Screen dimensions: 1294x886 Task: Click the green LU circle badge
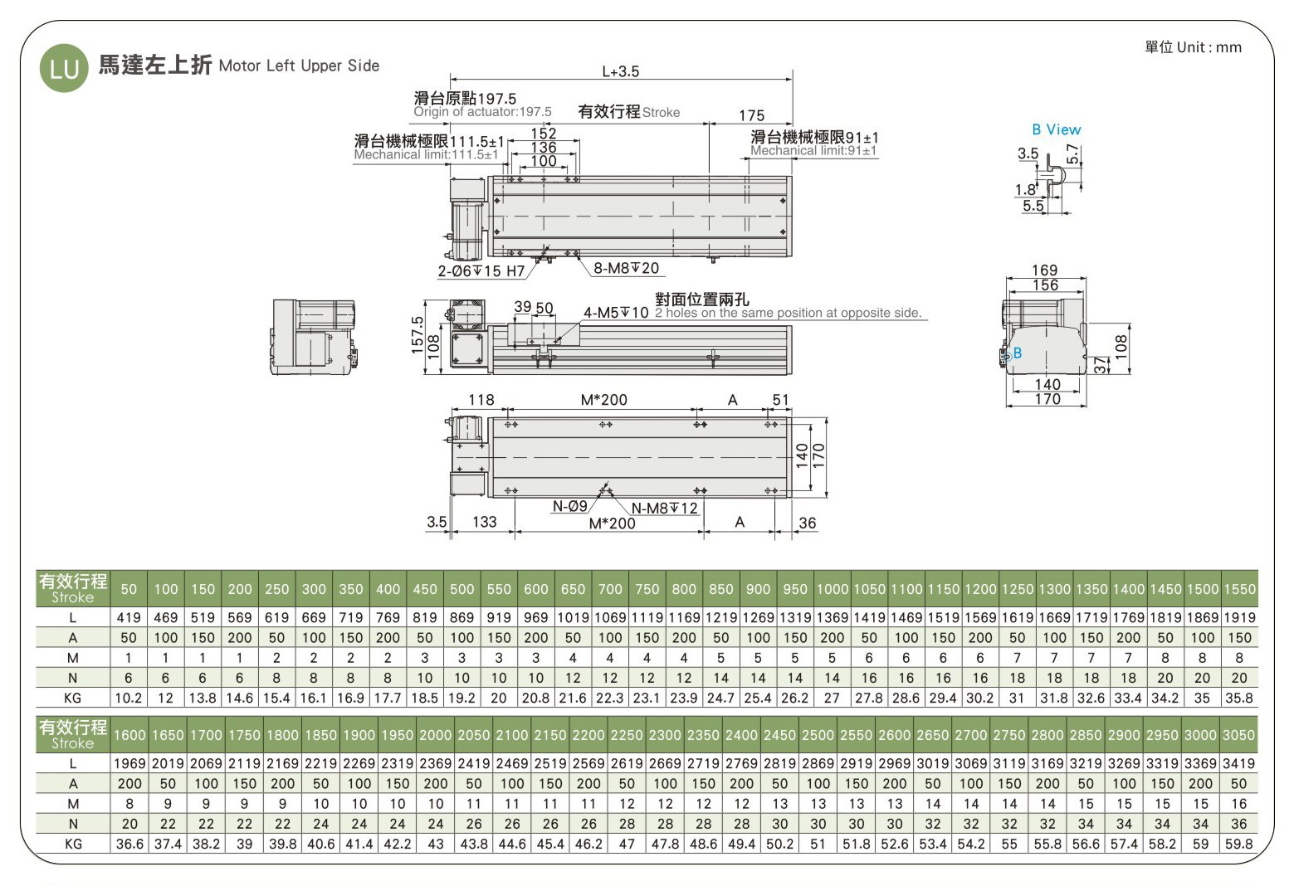pos(64,68)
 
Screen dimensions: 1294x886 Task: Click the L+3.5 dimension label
pos(620,71)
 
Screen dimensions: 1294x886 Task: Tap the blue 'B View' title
pos(1056,129)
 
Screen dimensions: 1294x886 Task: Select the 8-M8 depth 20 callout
pos(626,268)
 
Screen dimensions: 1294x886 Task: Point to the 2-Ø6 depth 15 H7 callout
pos(481,271)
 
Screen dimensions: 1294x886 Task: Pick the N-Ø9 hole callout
pos(569,506)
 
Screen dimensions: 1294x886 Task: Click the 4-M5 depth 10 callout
pos(616,313)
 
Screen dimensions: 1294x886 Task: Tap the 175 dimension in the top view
pos(751,115)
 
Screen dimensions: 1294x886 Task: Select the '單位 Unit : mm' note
pos(1193,47)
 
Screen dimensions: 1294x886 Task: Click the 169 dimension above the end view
pos(1044,270)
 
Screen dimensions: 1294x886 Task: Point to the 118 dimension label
pos(481,399)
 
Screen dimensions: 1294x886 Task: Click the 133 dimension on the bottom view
pos(484,522)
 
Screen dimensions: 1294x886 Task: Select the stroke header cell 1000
pos(832,589)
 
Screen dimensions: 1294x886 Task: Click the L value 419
pos(129,617)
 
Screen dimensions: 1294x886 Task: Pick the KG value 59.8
pos(1238,844)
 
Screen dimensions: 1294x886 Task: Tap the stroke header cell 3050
pos(1238,735)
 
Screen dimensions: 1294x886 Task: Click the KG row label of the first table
pos(73,698)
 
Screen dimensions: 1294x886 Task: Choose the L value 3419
pos(1238,763)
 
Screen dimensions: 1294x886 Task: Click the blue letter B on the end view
pos(1018,353)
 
